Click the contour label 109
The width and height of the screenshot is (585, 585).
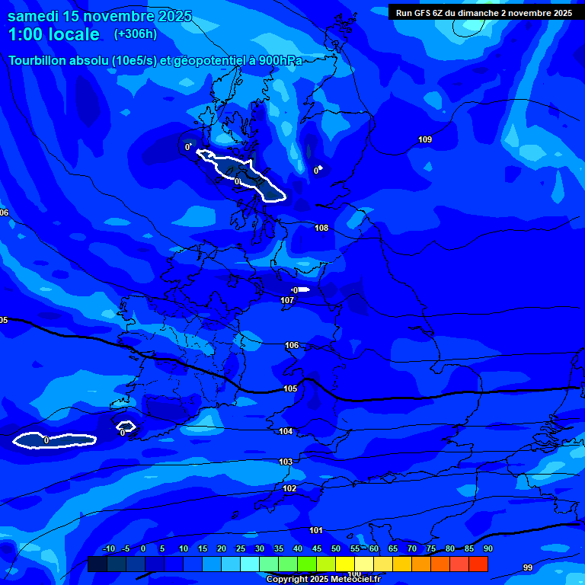(425, 139)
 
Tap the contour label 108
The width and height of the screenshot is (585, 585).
(321, 228)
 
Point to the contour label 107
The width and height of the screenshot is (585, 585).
(287, 300)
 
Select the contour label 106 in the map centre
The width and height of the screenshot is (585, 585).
(292, 345)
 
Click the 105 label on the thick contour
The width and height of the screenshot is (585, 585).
(290, 388)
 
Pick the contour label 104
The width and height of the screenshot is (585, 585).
(286, 431)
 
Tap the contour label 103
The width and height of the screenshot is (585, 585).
(286, 462)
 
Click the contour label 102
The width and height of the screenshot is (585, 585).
(289, 488)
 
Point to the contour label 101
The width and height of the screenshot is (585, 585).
(316, 530)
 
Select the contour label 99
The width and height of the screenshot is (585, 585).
(528, 567)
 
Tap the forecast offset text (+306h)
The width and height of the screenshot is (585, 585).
(136, 34)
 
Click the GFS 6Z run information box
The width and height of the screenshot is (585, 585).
(484, 13)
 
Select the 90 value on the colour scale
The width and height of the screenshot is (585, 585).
(487, 548)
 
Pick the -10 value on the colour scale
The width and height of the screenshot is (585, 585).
(108, 548)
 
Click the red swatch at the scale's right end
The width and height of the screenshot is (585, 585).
(478, 564)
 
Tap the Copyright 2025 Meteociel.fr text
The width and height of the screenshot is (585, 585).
(323, 579)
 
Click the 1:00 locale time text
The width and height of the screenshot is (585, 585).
(53, 34)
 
